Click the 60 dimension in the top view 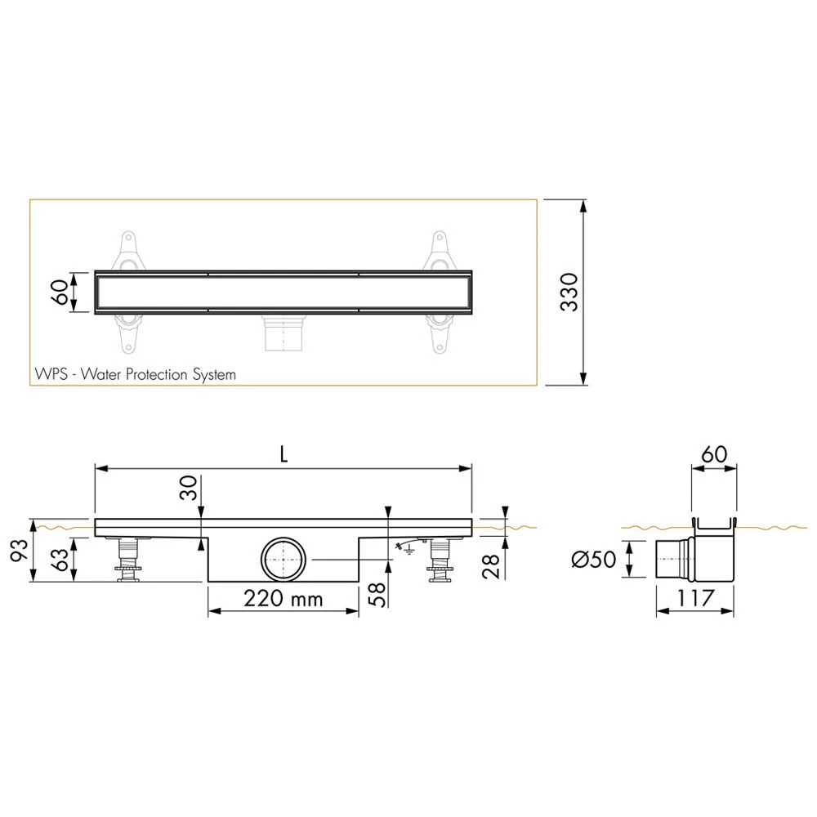click(60, 292)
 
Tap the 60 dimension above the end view click(714, 454)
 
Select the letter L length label click(283, 455)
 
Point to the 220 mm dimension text click(283, 599)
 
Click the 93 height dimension click(20, 550)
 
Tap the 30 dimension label click(189, 488)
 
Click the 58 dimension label click(377, 595)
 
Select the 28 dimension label click(491, 566)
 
